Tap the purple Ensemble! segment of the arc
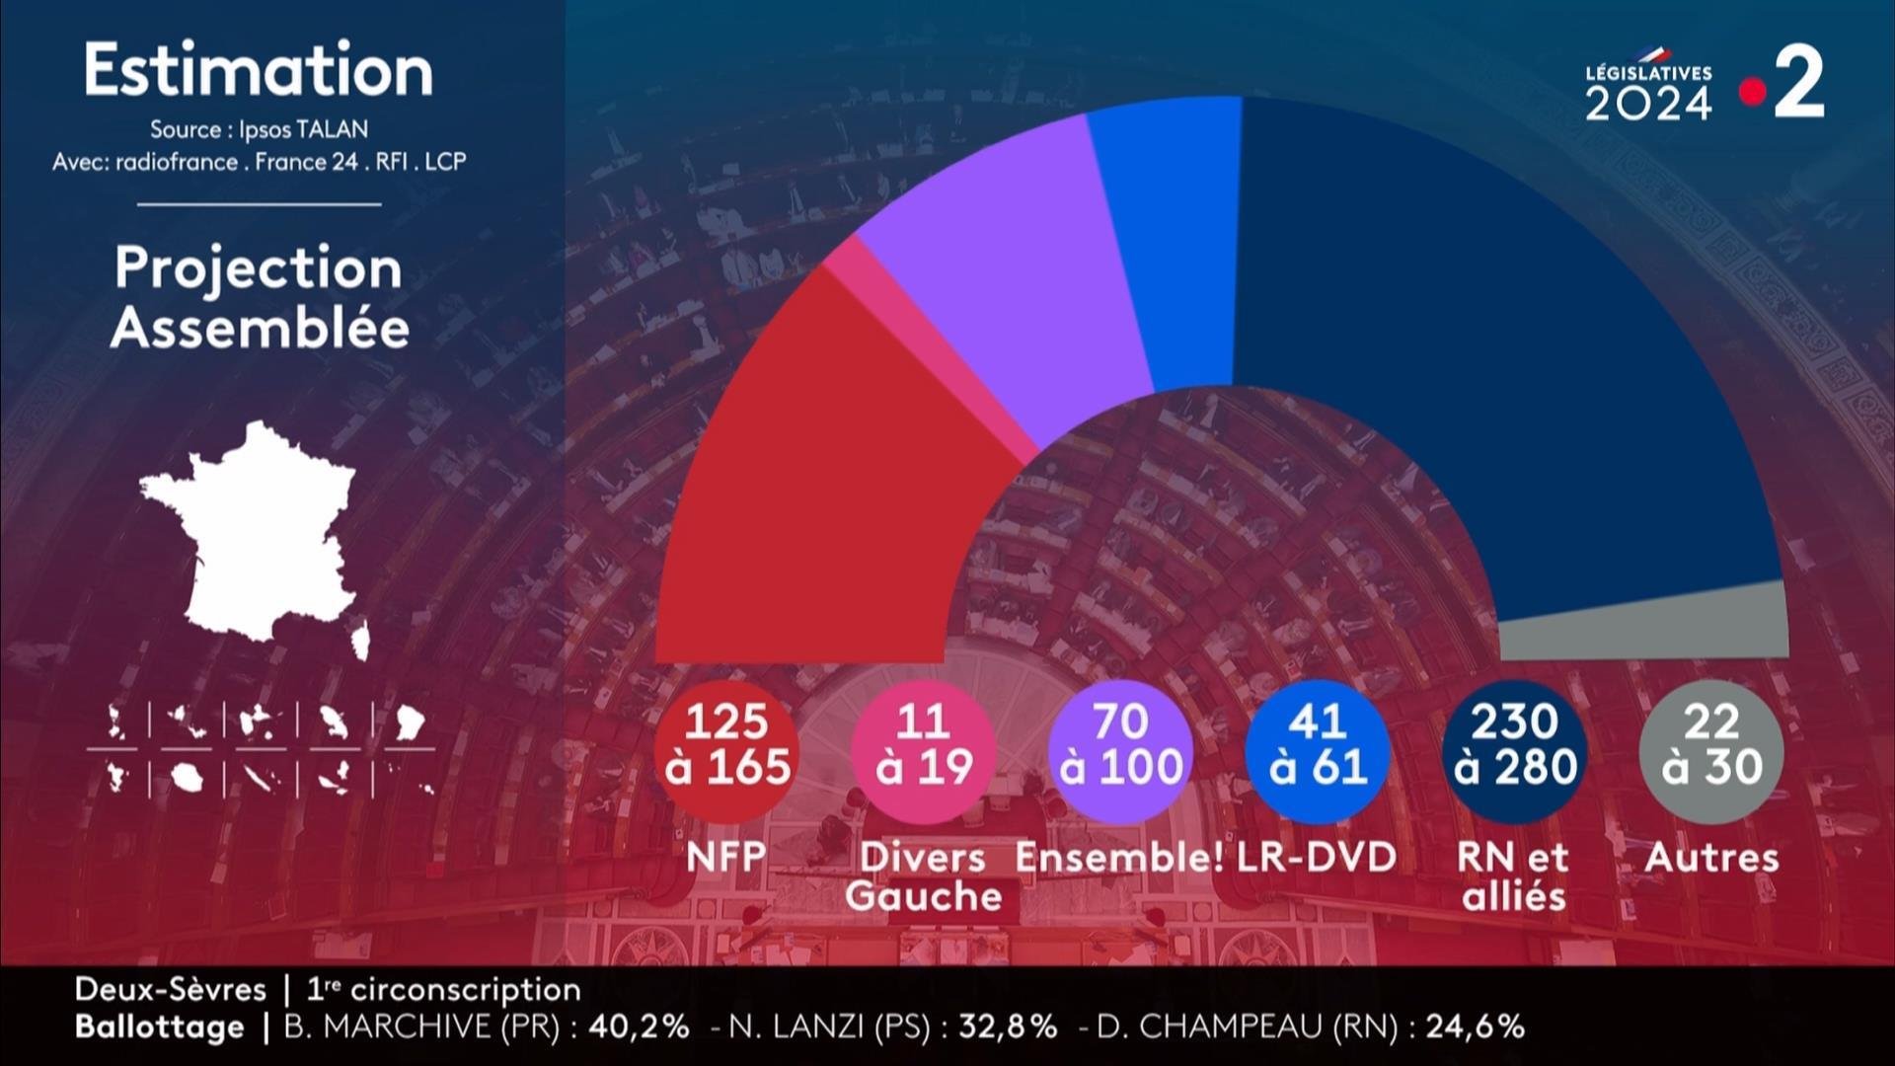(x=1007, y=276)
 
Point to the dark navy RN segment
(x=1480, y=345)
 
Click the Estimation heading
(x=259, y=71)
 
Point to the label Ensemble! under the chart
(x=1119, y=857)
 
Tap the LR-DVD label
(x=1318, y=857)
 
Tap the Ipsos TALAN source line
(x=259, y=129)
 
